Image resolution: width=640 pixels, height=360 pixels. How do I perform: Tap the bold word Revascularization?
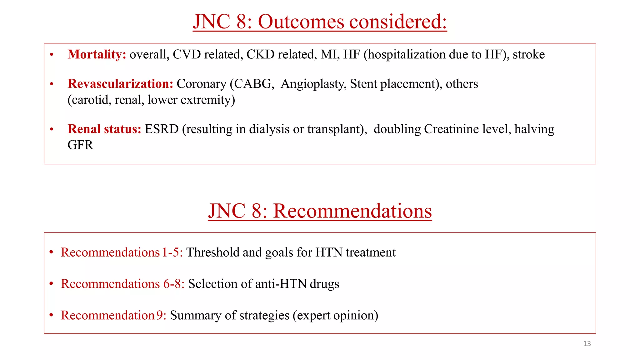(120, 84)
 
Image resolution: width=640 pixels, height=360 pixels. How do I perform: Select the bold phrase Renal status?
(104, 129)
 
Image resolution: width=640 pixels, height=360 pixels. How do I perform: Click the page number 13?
(587, 344)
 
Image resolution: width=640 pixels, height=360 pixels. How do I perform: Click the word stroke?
(528, 55)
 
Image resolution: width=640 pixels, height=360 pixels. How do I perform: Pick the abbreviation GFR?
(80, 145)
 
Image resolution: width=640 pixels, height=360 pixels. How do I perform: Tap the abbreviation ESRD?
(162, 129)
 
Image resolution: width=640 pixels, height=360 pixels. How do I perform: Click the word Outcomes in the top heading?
(301, 22)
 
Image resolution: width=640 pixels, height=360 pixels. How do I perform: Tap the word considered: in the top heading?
(398, 22)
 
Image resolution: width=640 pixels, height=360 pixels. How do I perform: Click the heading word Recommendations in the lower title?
(352, 211)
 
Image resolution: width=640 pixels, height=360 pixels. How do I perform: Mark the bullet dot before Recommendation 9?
(51, 315)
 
